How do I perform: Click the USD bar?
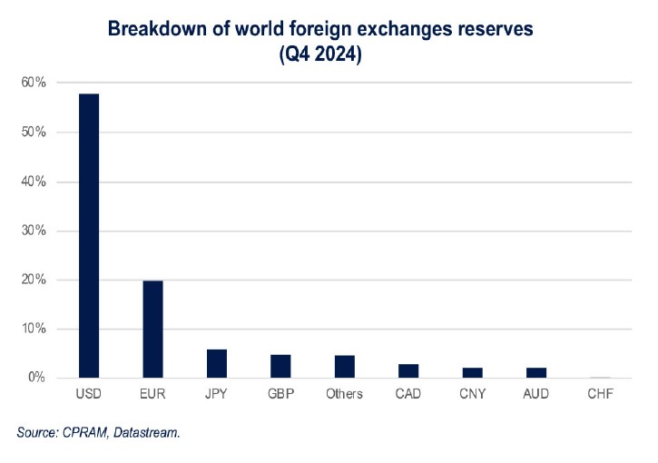click(89, 236)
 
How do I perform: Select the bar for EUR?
click(152, 329)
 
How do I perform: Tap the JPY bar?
click(217, 363)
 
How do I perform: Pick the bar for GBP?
click(280, 366)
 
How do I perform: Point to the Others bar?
click(344, 366)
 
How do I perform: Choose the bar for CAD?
click(408, 370)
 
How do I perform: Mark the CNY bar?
click(472, 372)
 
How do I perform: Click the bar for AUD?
click(535, 372)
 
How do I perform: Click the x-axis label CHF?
click(600, 394)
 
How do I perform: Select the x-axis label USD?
click(89, 394)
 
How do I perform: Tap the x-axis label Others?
click(344, 394)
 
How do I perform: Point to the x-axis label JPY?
click(217, 394)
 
